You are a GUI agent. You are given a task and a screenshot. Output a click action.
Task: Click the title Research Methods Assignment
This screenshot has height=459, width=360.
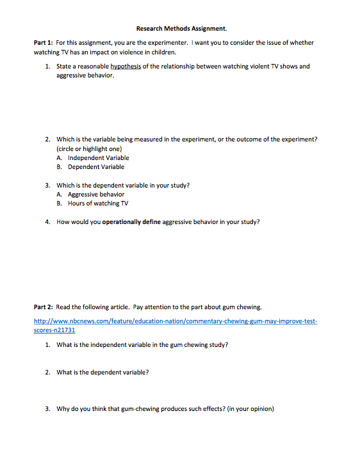[x=181, y=28]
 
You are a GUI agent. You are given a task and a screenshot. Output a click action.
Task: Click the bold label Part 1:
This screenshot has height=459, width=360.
[x=43, y=42]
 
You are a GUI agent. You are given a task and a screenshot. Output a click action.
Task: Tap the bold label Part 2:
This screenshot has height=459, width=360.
[x=43, y=307]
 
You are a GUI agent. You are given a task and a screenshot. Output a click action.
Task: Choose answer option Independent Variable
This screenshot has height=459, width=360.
[x=99, y=157]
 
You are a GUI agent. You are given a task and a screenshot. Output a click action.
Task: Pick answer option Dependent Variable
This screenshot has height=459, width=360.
[x=96, y=166]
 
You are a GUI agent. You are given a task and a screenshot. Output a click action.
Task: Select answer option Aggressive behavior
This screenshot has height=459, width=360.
[x=96, y=194]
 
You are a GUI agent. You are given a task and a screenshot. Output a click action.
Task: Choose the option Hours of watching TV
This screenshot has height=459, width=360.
[x=98, y=203]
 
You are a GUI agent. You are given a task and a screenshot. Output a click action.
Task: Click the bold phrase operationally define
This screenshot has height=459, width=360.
[x=131, y=221]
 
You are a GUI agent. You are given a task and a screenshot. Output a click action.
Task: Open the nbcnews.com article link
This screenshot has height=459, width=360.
[x=175, y=321]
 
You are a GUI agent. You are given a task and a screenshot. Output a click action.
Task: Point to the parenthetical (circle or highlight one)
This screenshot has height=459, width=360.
[x=89, y=149]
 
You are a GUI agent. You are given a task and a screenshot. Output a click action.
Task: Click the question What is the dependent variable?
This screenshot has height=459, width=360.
[x=102, y=372]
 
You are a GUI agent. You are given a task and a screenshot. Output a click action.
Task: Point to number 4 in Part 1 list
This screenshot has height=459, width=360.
[x=47, y=221]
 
